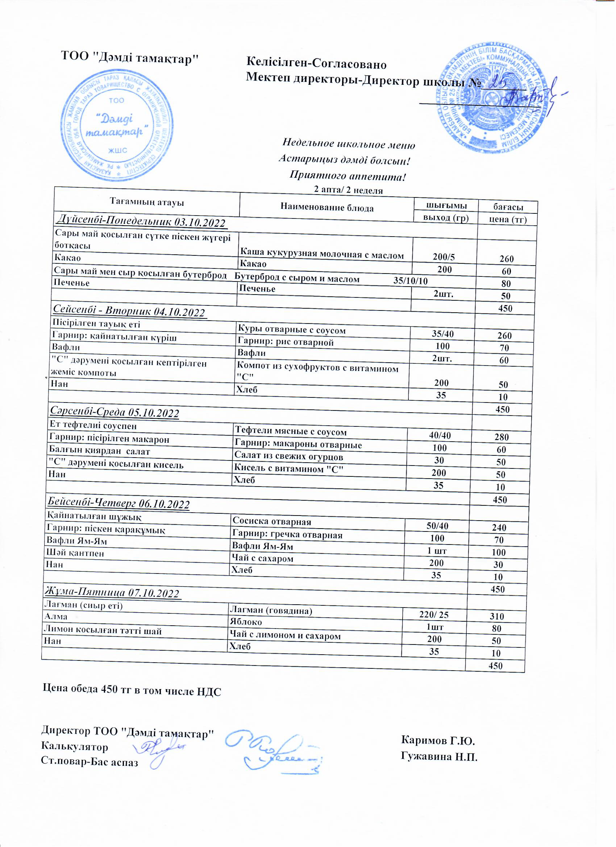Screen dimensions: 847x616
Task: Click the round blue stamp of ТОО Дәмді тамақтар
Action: pyautogui.click(x=117, y=125)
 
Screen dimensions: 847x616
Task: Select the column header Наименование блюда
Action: pyautogui.click(x=327, y=208)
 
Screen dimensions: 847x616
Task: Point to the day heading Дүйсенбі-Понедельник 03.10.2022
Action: pyautogui.click(x=141, y=222)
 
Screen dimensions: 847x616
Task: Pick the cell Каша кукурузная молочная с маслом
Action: pyautogui.click(x=322, y=255)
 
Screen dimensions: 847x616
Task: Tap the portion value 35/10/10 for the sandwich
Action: pyautogui.click(x=411, y=281)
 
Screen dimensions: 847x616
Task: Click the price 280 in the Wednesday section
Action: pyautogui.click(x=502, y=437)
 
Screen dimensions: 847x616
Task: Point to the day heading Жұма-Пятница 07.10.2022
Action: pyautogui.click(x=112, y=593)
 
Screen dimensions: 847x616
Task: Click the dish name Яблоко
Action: pyautogui.click(x=246, y=622)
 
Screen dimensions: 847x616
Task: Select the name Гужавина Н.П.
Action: pyautogui.click(x=439, y=757)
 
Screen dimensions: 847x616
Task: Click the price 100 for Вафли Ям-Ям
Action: pyautogui.click(x=499, y=552)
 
